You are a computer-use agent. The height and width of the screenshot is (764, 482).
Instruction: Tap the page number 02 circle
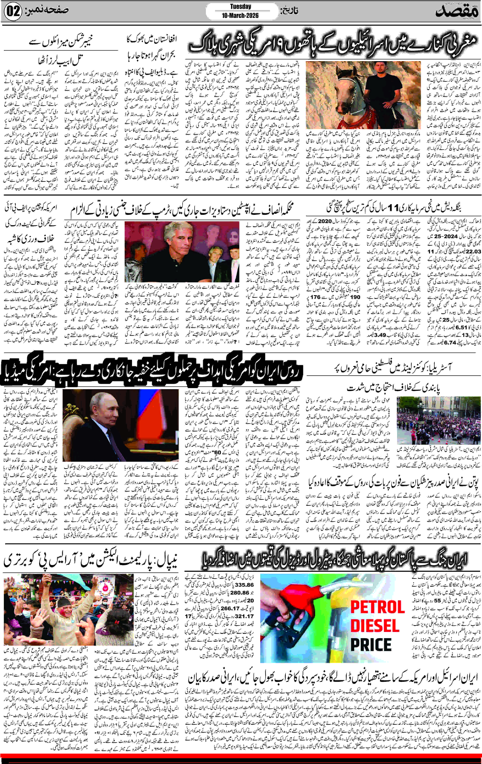click(13, 12)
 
